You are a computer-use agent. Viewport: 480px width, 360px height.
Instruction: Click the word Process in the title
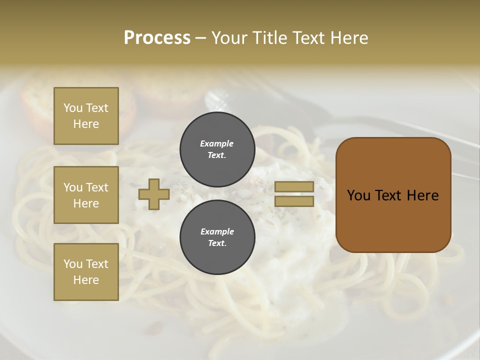(157, 38)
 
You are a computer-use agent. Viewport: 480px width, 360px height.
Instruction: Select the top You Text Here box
(86, 116)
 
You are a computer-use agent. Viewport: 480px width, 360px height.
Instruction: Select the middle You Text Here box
(86, 195)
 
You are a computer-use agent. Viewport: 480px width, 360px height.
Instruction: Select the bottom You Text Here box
(86, 272)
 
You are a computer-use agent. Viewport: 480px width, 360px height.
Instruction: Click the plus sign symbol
(154, 194)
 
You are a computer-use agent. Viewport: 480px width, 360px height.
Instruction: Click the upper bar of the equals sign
(294, 187)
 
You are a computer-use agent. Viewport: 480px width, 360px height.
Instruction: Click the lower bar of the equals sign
(294, 201)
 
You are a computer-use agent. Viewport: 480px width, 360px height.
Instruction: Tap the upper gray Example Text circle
(217, 149)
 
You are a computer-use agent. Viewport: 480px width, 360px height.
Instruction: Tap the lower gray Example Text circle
(217, 237)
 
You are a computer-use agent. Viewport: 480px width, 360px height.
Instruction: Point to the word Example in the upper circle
(217, 143)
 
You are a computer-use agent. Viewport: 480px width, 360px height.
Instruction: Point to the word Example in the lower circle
(217, 231)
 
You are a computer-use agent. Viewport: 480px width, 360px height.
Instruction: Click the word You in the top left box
(73, 108)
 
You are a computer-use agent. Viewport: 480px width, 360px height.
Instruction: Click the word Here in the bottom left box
(86, 280)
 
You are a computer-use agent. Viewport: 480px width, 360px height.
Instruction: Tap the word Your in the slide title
(230, 38)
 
